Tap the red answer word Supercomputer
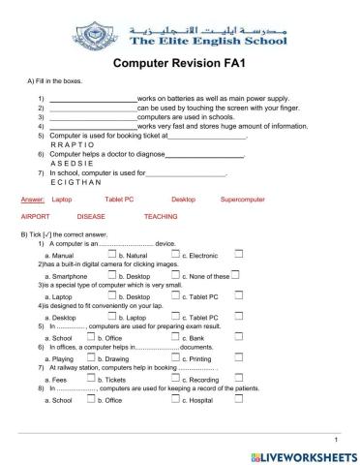pyautogui.click(x=242, y=198)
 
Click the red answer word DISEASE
pyautogui.click(x=91, y=217)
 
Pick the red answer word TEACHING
pyautogui.click(x=160, y=217)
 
